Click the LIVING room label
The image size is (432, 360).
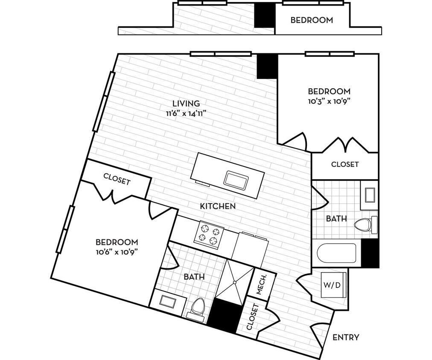186,103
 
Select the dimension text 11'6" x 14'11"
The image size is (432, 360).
186,113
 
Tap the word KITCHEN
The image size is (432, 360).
218,206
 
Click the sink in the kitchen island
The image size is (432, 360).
236,180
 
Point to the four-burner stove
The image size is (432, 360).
209,235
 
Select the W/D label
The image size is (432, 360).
334,285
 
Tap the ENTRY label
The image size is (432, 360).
346,337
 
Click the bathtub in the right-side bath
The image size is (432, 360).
336,253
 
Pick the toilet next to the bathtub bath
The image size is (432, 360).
365,224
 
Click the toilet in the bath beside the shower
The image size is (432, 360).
198,306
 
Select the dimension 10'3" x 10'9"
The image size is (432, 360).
329,102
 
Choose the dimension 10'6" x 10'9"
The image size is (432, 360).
117,251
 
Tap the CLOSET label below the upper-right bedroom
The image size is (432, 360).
345,164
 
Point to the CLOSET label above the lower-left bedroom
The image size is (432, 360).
117,180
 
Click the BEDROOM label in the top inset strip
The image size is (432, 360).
312,20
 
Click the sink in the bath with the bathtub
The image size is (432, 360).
369,195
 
